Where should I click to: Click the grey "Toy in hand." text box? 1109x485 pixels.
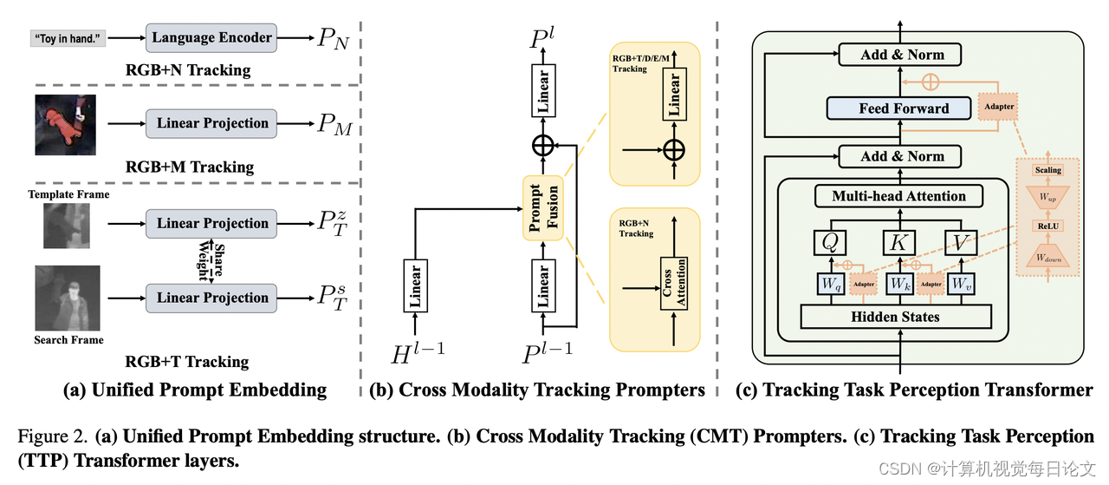pyautogui.click(x=68, y=39)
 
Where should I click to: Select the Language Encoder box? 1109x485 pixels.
pyautogui.click(x=212, y=37)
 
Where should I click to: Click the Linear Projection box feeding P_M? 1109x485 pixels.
pyautogui.click(x=212, y=123)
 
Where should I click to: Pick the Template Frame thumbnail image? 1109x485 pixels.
pyautogui.click(x=66, y=226)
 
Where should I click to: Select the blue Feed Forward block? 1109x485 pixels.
pyautogui.click(x=904, y=108)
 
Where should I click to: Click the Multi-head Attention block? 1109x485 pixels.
pyautogui.click(x=898, y=196)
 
